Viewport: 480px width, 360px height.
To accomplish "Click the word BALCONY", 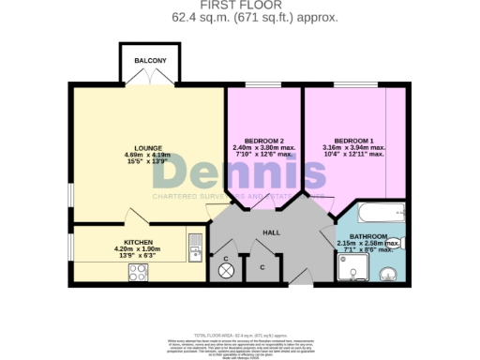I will click(x=150, y=60).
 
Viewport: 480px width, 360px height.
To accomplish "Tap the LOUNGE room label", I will click(x=148, y=147).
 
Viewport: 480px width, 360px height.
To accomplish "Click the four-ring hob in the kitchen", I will click(x=137, y=273).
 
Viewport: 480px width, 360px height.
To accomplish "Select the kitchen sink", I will click(x=195, y=246).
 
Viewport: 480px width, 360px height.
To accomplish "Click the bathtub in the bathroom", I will click(x=372, y=211).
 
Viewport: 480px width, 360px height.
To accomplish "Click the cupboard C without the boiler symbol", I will click(x=262, y=267).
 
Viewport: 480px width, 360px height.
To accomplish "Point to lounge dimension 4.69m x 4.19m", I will click(x=148, y=155).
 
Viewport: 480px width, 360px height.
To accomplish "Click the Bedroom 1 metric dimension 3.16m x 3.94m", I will click(x=353, y=147).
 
